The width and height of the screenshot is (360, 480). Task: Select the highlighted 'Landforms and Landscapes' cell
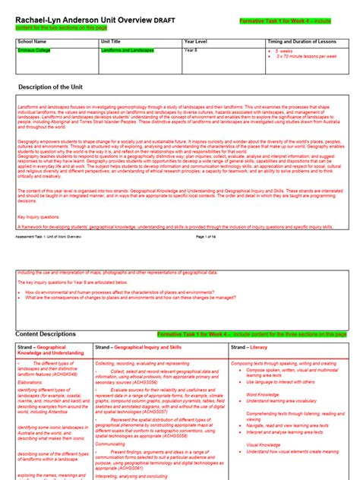coord(127,50)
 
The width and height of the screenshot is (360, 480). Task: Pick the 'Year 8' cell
coord(191,50)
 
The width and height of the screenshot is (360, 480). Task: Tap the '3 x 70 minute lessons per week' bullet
coord(307,57)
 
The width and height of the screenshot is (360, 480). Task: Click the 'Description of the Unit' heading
coord(55,87)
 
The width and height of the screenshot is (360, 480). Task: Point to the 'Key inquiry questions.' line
coord(38,216)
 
